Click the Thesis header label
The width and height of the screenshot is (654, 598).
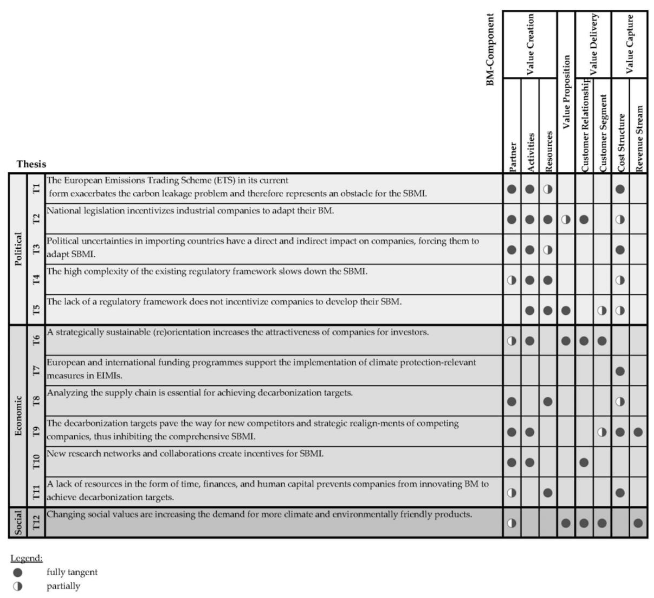click(x=31, y=164)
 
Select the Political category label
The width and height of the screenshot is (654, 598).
click(x=18, y=249)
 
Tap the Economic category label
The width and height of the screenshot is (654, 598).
click(x=18, y=416)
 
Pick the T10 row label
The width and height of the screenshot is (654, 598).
click(x=36, y=462)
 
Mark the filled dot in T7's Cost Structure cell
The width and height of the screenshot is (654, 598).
click(x=620, y=371)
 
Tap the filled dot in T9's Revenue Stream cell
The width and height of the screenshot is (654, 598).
click(x=638, y=432)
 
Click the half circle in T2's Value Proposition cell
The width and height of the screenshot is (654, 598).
click(x=566, y=220)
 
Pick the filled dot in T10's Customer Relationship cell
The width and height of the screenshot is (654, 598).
click(x=584, y=462)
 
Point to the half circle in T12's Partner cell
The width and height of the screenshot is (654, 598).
click(x=512, y=523)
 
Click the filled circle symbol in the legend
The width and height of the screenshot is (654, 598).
click(x=18, y=572)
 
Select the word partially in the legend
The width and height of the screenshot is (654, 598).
click(x=63, y=586)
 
